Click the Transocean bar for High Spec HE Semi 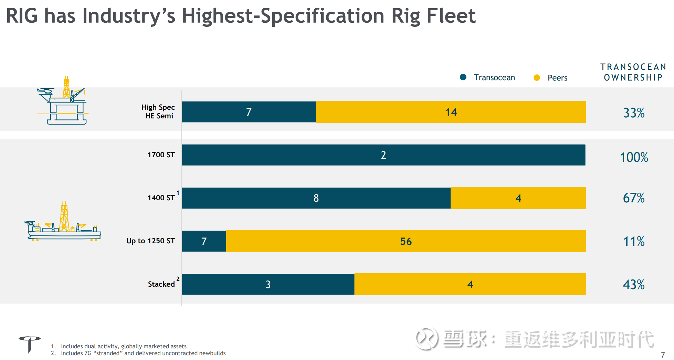[x=249, y=112]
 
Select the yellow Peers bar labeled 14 [x=451, y=112]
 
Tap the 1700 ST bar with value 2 [x=383, y=155]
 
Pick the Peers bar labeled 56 [x=406, y=241]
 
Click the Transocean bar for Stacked [x=268, y=284]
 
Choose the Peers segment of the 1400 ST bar [x=518, y=198]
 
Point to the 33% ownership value [x=634, y=113]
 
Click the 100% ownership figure [x=634, y=157]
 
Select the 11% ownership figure [x=634, y=241]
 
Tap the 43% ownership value [x=634, y=285]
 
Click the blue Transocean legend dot [x=463, y=77]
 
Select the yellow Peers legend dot [x=536, y=77]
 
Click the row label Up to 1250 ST [x=150, y=241]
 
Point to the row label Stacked [x=161, y=284]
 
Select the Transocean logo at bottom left [x=30, y=343]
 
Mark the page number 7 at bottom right [x=663, y=355]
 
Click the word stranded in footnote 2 [x=108, y=353]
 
